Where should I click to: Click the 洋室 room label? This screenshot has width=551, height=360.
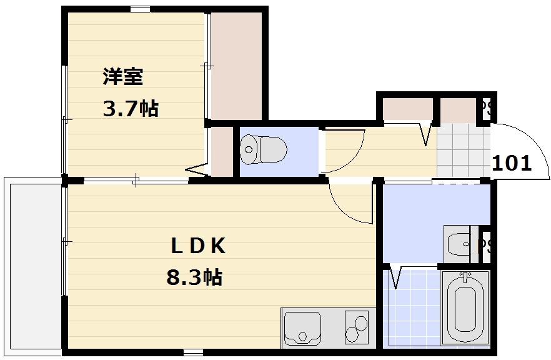(x=123, y=77)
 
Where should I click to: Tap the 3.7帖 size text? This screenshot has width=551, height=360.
(x=130, y=109)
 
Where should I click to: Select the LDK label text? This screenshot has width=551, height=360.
(x=198, y=246)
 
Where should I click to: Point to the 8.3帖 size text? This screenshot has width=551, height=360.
(x=194, y=276)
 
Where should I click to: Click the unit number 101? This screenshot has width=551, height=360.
(x=512, y=164)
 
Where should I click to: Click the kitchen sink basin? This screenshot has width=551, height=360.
(x=302, y=327)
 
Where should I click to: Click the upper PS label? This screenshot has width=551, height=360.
(x=487, y=109)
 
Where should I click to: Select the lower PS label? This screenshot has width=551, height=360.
(x=485, y=245)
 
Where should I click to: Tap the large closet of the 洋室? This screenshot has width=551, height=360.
(x=237, y=66)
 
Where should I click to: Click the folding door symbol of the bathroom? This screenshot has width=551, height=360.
(x=395, y=276)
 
